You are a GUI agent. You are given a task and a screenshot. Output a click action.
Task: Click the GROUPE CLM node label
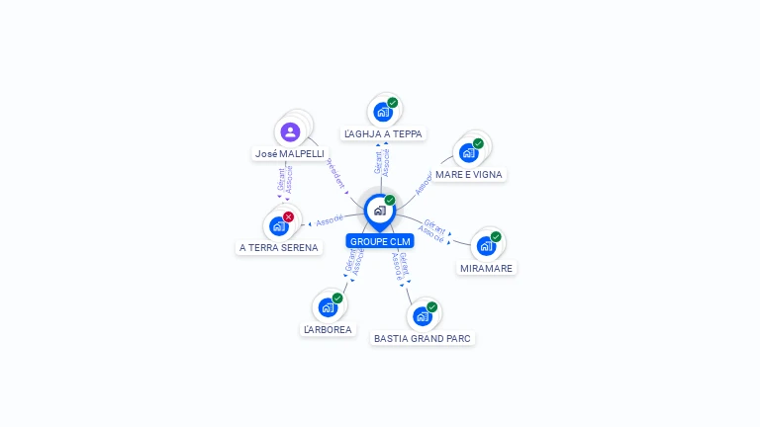(x=380, y=241)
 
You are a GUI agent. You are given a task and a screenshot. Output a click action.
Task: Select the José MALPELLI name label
(x=289, y=154)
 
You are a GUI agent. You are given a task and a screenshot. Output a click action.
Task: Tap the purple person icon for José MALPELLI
(x=290, y=131)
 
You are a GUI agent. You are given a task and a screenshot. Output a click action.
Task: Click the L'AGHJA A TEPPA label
(x=383, y=133)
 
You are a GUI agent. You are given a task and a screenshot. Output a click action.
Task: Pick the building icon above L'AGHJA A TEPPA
(x=383, y=112)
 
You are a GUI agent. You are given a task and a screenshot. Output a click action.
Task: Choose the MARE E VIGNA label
(x=469, y=175)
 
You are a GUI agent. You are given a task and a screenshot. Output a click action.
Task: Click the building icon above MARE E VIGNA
(x=469, y=152)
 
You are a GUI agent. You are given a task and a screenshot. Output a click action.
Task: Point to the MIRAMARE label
(x=488, y=268)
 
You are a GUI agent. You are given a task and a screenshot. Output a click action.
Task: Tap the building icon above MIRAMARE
(x=486, y=246)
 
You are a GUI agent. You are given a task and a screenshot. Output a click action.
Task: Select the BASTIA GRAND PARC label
(x=423, y=338)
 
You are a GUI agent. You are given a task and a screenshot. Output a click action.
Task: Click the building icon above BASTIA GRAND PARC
(x=423, y=316)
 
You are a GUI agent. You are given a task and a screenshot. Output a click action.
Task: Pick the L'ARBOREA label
(x=328, y=329)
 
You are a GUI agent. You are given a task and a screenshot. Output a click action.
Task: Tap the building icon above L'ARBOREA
(x=328, y=307)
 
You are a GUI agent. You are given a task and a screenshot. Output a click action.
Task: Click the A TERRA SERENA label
(x=279, y=248)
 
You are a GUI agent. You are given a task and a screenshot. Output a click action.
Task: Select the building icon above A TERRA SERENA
(x=279, y=226)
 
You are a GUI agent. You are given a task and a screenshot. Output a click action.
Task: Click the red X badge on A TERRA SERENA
(x=289, y=216)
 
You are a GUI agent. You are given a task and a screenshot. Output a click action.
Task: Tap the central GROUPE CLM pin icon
(x=379, y=211)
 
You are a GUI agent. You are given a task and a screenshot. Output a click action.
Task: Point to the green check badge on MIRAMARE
(x=496, y=236)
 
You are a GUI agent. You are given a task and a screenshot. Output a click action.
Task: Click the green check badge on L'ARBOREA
(x=337, y=298)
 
